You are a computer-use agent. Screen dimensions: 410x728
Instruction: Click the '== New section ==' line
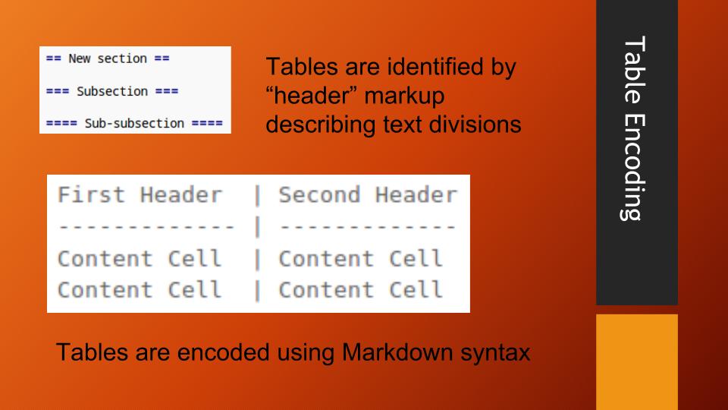(x=107, y=58)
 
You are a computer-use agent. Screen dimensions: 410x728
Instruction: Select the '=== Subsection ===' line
(x=111, y=91)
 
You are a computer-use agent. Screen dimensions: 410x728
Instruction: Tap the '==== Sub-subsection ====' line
(x=134, y=123)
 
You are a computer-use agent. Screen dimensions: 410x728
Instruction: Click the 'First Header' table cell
(x=140, y=195)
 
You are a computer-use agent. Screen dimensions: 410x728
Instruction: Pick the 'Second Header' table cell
(x=368, y=195)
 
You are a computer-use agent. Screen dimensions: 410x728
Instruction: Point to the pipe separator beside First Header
(x=258, y=196)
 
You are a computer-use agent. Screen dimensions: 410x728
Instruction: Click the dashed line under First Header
(x=146, y=226)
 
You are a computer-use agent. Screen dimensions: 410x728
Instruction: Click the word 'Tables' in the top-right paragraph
(x=301, y=68)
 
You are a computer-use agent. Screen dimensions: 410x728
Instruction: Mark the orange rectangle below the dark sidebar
(x=636, y=361)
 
